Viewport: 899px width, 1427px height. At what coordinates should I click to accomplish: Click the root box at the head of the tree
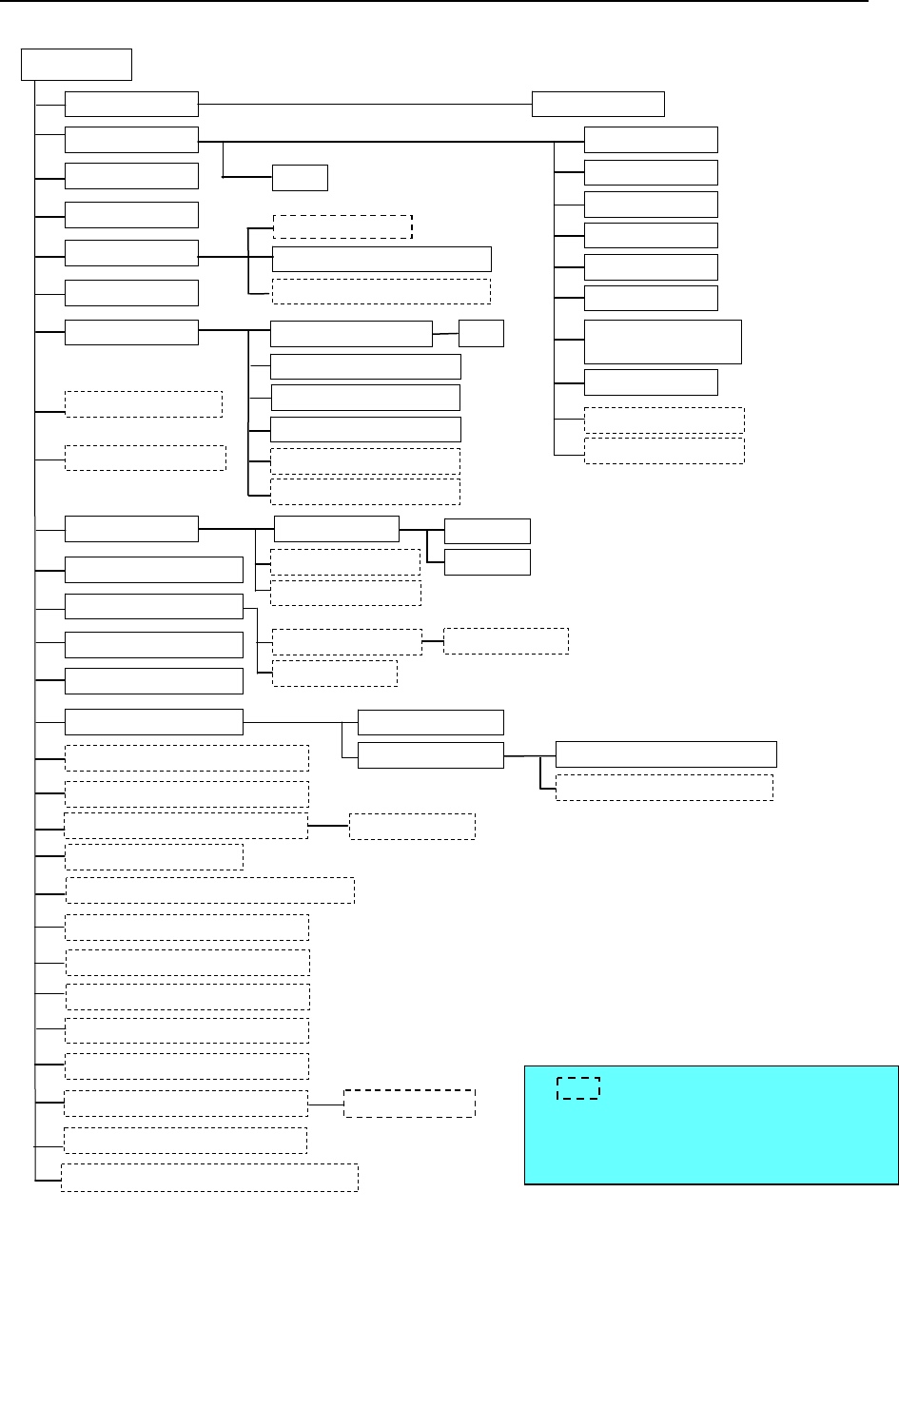(x=76, y=65)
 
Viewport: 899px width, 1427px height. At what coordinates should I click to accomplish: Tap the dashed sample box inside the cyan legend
(x=577, y=1088)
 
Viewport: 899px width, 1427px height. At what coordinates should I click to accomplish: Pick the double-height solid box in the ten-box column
(x=662, y=342)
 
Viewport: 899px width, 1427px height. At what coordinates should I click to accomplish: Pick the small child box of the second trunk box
(x=300, y=178)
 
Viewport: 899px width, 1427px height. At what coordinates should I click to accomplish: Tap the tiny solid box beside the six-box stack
(x=480, y=334)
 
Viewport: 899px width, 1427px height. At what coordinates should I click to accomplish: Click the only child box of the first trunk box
(x=597, y=104)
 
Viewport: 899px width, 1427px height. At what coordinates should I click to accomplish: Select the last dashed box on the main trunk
(x=209, y=1177)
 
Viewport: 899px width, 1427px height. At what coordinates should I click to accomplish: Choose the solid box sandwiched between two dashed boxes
(x=381, y=259)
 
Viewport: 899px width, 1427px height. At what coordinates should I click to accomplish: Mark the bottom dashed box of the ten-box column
(x=664, y=451)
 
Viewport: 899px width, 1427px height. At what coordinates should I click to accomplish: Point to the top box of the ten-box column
(x=651, y=140)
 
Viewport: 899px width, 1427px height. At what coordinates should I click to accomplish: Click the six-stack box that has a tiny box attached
(x=351, y=334)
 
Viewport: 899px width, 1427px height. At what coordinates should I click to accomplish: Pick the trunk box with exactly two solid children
(x=154, y=722)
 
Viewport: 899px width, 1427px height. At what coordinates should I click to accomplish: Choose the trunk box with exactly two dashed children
(x=154, y=606)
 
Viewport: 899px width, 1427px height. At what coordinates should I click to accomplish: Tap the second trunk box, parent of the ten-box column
(x=131, y=140)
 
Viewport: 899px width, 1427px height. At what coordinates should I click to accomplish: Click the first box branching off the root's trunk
(x=131, y=104)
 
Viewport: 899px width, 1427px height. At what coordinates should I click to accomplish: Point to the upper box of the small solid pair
(x=487, y=531)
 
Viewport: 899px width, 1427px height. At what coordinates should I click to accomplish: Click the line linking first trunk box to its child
(x=364, y=104)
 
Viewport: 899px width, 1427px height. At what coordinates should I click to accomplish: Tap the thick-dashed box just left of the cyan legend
(x=409, y=1104)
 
